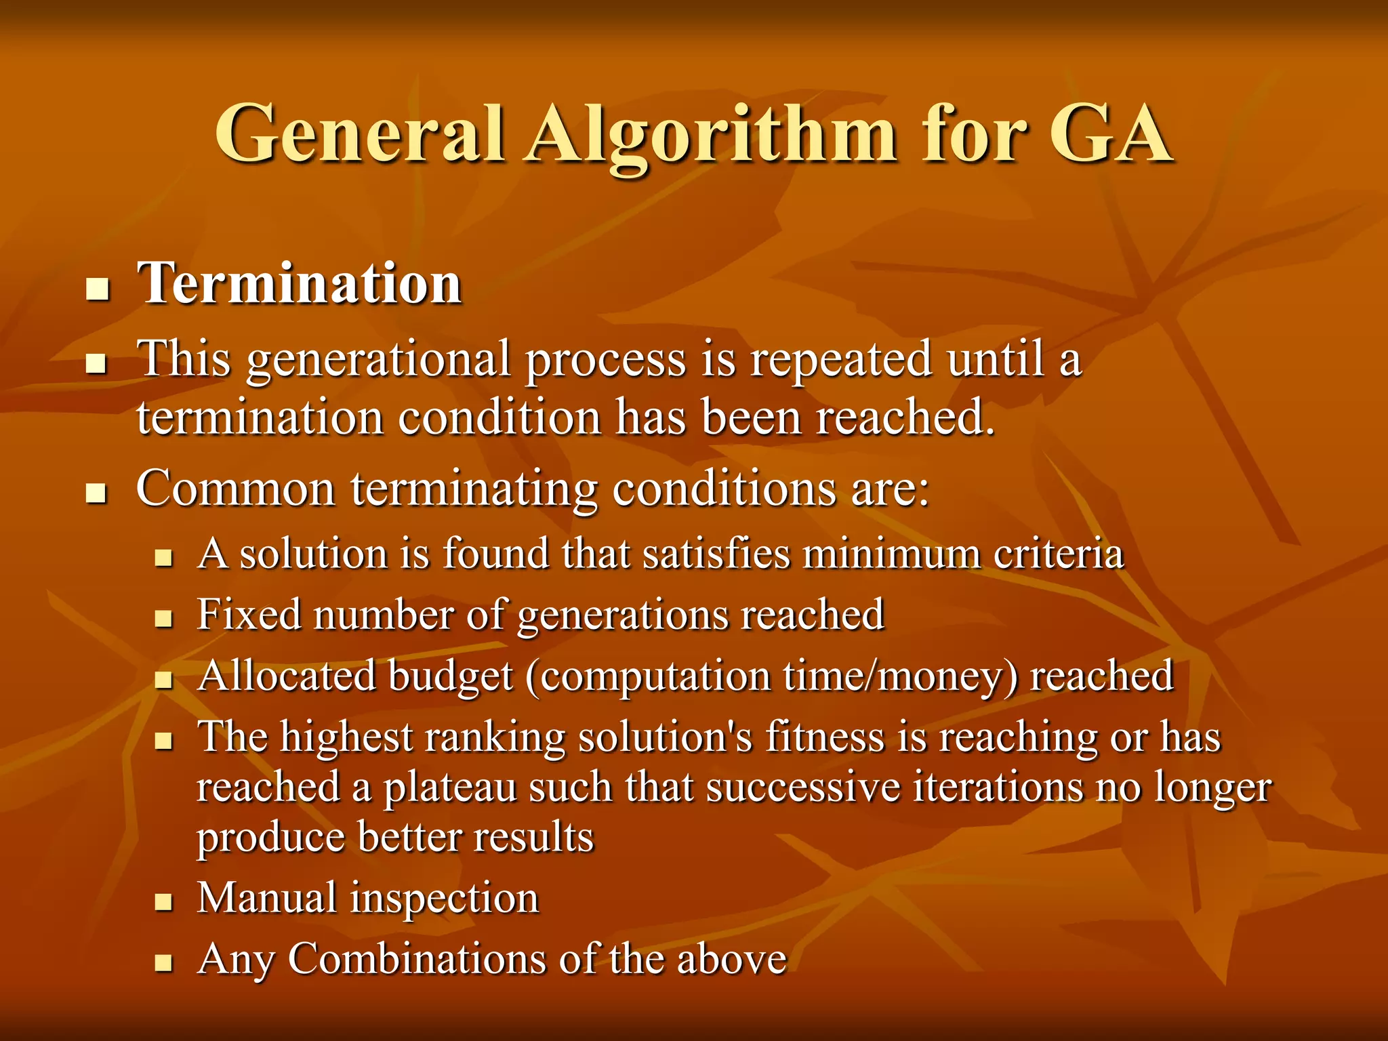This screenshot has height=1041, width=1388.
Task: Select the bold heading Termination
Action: click(x=300, y=283)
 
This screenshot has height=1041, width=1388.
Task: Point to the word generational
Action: click(x=378, y=360)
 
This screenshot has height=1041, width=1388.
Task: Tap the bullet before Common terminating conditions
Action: click(x=98, y=493)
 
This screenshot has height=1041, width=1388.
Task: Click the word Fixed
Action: click(x=249, y=615)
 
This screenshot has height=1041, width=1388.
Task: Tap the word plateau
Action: click(x=450, y=788)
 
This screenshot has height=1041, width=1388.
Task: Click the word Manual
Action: click(x=267, y=898)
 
